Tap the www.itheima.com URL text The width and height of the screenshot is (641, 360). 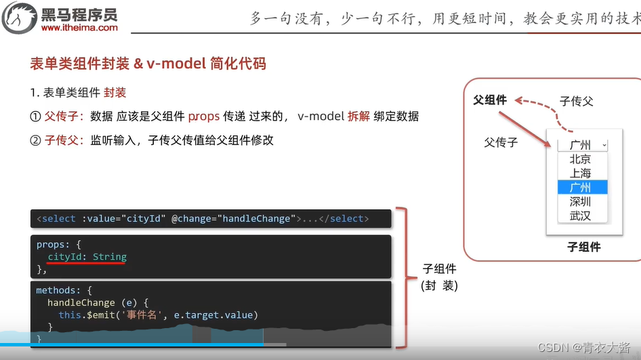[x=79, y=28]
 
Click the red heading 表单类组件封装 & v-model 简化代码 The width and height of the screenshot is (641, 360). [x=148, y=64]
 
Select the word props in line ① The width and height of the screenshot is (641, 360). [x=204, y=117]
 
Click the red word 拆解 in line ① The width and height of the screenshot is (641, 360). [x=358, y=117]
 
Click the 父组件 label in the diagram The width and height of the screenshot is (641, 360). [x=490, y=100]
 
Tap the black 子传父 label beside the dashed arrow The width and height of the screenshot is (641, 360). [x=576, y=101]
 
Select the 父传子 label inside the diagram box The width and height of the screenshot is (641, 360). [x=501, y=142]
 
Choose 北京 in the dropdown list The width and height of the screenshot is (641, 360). [x=580, y=159]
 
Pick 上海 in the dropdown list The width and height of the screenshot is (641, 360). [x=580, y=174]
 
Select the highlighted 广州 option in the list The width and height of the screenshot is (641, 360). [x=580, y=187]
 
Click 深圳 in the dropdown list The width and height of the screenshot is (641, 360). [x=580, y=201]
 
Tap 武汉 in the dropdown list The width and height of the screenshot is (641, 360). [x=580, y=216]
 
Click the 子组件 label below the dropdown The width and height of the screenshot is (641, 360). [x=583, y=247]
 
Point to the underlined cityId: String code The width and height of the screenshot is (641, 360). [x=87, y=257]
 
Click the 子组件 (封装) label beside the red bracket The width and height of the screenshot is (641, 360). [x=440, y=277]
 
